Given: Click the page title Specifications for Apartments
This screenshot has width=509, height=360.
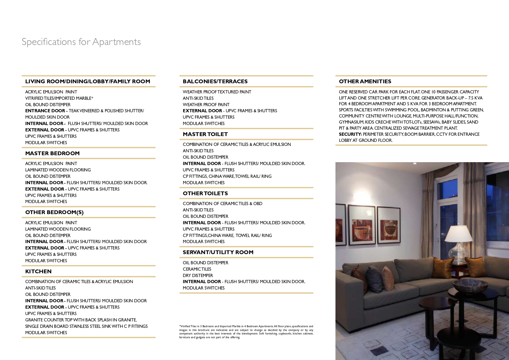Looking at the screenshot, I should point(81,42).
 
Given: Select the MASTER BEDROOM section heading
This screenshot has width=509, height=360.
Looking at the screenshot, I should point(52,153).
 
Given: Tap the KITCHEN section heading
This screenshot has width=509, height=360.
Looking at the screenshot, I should point(38,272).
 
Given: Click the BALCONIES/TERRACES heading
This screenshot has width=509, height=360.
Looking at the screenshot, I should point(215,82).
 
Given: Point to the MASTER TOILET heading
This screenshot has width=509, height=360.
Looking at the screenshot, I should point(205,134).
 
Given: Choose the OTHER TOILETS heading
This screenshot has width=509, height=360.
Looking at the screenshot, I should point(205,193).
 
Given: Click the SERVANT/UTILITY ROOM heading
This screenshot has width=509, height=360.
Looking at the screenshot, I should point(218,252).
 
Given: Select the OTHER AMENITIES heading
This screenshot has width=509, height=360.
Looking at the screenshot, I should point(365,82).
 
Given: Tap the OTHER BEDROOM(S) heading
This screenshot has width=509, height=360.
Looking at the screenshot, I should point(54,212).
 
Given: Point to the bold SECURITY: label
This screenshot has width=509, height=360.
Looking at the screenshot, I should point(350,134).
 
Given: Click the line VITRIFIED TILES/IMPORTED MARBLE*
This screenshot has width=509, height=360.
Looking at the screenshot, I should point(59,98).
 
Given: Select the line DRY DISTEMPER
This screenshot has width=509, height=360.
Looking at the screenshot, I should point(198,276).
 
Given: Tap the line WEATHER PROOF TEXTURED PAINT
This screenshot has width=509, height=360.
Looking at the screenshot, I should point(217,92).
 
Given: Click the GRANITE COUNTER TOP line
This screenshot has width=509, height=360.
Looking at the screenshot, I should point(81,320).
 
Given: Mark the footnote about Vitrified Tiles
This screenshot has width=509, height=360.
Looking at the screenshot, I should point(246,332).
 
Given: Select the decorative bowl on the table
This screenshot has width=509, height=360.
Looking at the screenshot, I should point(466,284).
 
